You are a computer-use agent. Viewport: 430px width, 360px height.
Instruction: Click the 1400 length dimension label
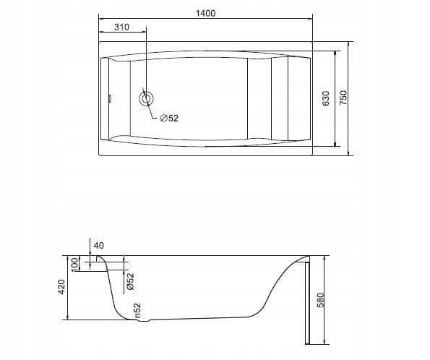pyautogui.click(x=206, y=13)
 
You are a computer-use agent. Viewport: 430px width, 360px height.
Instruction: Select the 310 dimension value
pyautogui.click(x=121, y=27)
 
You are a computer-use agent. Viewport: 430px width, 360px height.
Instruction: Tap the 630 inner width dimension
pyautogui.click(x=326, y=98)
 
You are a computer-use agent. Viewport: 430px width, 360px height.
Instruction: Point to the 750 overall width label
pyautogui.click(x=343, y=98)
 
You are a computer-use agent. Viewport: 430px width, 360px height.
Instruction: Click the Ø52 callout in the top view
pyautogui.click(x=169, y=119)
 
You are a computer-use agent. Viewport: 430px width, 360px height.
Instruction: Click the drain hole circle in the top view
pyautogui.click(x=146, y=98)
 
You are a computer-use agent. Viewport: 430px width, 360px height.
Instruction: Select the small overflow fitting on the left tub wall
pyautogui.click(x=111, y=98)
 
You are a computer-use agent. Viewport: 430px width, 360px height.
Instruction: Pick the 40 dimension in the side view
pyautogui.click(x=99, y=245)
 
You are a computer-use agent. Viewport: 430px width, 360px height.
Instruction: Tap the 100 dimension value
pyautogui.click(x=74, y=265)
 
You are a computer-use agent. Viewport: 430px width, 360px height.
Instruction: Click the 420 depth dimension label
pyautogui.click(x=61, y=287)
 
